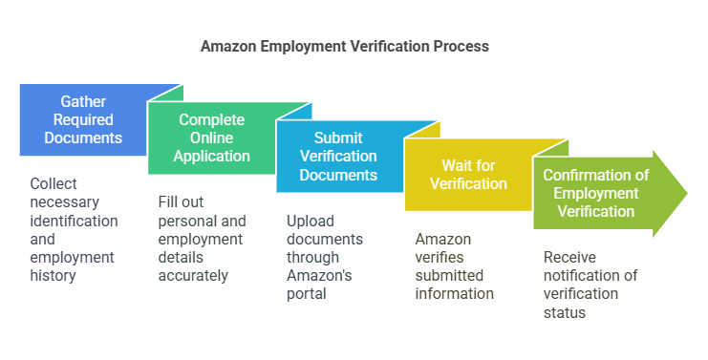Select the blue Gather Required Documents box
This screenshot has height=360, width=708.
[x=84, y=120]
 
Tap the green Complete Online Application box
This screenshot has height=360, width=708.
[x=212, y=138]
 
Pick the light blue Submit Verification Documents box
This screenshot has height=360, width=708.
[x=338, y=157]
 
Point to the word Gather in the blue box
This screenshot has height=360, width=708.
[x=84, y=102]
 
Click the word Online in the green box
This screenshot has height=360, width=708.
[x=212, y=138]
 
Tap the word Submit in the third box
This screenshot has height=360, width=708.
[x=338, y=138]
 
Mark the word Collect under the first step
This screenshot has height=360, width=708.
[x=54, y=184]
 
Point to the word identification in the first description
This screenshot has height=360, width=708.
[x=74, y=221]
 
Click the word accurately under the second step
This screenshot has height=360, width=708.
[x=193, y=275]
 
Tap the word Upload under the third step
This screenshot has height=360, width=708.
[x=311, y=221]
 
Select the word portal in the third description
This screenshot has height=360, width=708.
[x=307, y=293]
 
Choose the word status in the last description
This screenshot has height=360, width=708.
[x=564, y=311]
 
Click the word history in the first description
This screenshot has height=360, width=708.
[x=53, y=275]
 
